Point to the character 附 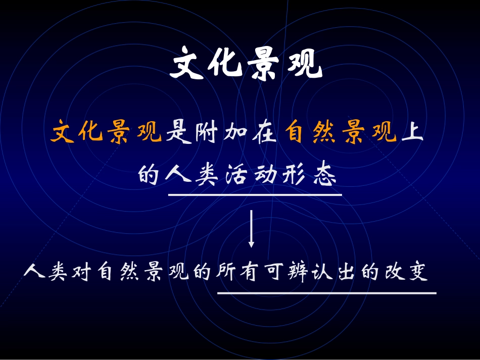(207, 134)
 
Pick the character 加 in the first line (235, 134)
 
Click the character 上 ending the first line (412, 134)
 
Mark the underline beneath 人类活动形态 (255, 194)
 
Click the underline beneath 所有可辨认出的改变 (326, 292)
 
